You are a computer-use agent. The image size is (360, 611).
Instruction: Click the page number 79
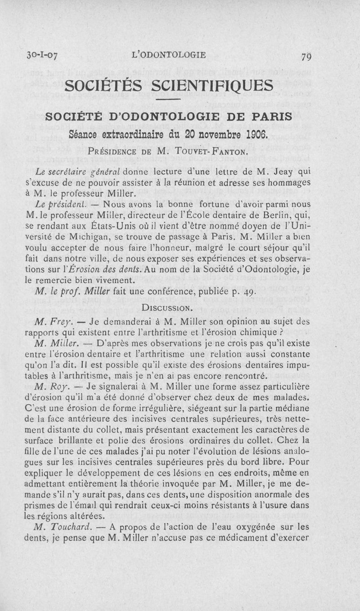tap(307, 57)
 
